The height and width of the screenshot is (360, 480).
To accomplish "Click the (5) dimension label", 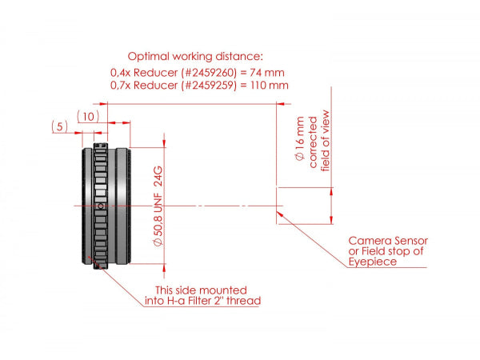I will tap(58, 126).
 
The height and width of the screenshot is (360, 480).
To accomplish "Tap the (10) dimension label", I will tap(89, 117).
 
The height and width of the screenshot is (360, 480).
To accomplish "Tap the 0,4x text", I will tap(122, 71).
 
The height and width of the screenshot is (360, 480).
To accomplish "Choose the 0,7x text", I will tap(122, 84).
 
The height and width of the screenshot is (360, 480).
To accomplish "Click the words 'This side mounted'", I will tap(202, 289).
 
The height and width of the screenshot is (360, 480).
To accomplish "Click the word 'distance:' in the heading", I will tap(240, 57).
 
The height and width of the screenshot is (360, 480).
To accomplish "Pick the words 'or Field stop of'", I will tap(386, 251).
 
